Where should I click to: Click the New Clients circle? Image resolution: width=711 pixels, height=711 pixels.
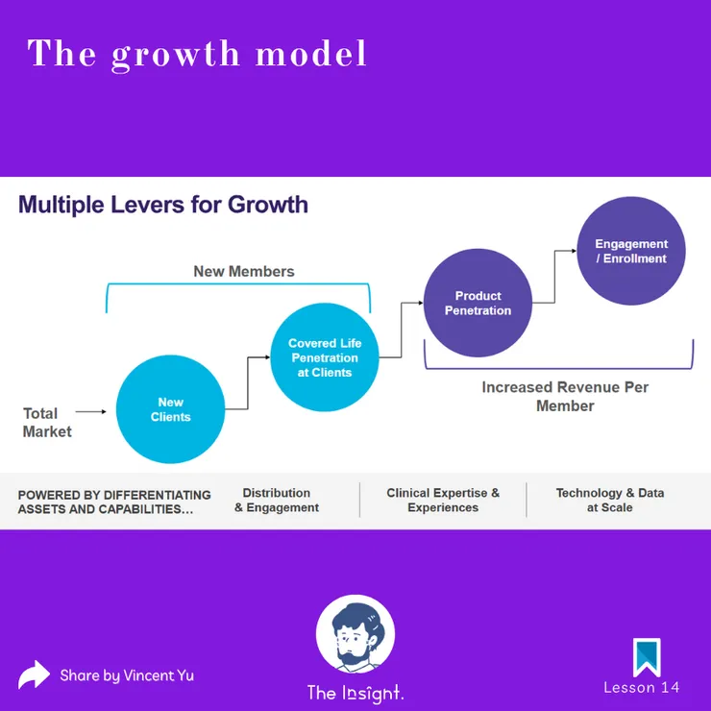170,409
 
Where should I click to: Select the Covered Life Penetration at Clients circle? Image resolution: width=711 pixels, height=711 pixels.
325,357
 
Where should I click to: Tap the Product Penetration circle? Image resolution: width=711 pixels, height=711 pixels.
478,303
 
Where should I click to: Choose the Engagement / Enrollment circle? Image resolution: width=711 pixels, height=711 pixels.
631,251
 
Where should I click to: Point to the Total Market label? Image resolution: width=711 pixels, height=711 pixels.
47,422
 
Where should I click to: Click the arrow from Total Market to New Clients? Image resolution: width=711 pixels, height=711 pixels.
90,412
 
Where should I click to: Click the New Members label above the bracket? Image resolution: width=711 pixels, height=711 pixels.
244,271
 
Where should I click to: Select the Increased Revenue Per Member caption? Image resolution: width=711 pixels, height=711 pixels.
565,396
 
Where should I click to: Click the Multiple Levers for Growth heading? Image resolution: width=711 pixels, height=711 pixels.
163,205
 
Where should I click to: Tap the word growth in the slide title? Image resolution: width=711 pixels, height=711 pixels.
176,55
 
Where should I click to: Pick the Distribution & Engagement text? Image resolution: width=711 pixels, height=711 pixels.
277,501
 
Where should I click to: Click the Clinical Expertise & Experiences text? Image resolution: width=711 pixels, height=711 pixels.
443,501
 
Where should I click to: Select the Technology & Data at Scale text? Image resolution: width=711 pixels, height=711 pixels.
610,501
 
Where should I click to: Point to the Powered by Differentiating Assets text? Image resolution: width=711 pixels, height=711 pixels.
114,502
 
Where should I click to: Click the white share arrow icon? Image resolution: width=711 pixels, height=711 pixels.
34,675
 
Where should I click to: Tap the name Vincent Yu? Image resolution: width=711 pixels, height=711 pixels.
159,675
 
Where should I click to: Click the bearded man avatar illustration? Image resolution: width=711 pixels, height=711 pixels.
355,634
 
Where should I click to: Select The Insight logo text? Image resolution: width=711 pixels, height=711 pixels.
355,694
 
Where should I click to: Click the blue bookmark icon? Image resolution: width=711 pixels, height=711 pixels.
647,657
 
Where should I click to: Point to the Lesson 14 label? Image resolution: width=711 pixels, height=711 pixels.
642,687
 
